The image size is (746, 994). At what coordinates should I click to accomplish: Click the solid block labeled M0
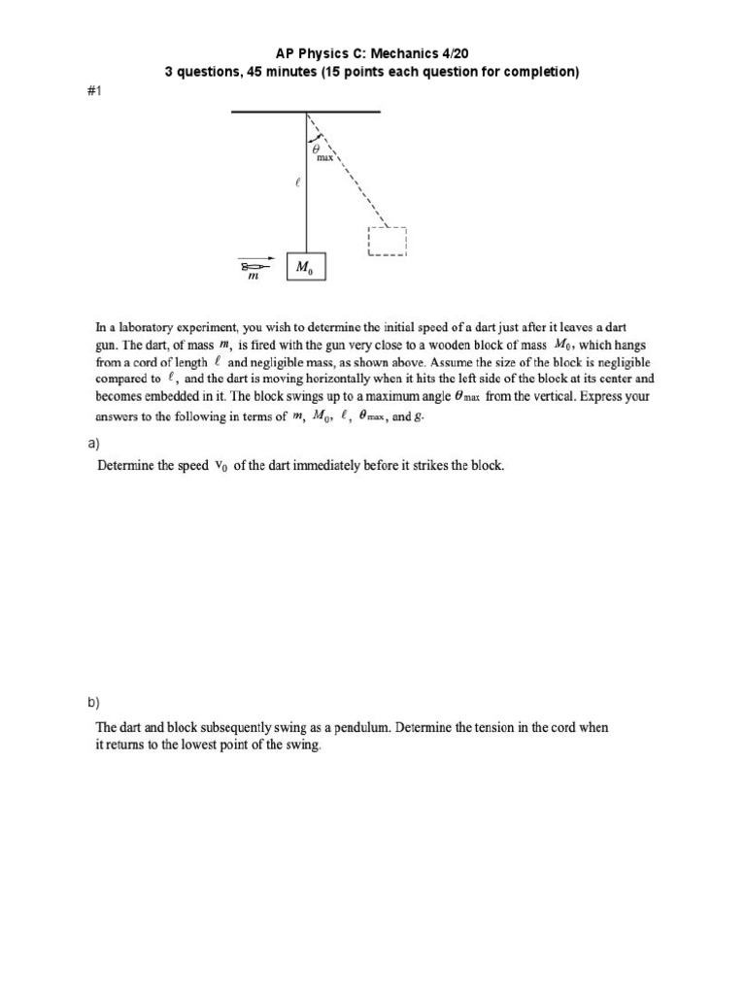[307, 267]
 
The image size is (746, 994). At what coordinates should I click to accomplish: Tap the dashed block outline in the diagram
[387, 242]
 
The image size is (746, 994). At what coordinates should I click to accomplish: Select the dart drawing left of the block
[256, 264]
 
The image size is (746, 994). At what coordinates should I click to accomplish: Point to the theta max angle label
[322, 153]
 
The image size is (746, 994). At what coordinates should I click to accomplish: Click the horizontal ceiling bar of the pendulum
[306, 113]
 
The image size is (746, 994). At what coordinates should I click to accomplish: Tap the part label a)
[94, 445]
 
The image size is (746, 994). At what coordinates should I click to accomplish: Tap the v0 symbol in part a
[220, 466]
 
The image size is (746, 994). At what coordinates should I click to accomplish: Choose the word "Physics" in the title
[332, 52]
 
